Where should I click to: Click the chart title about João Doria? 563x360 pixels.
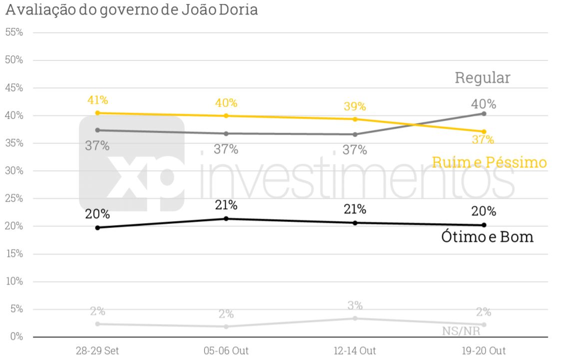tap(132, 10)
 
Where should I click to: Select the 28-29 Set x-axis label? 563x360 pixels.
tap(97, 350)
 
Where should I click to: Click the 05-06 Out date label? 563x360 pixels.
tap(226, 350)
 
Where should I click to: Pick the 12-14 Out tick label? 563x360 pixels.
tap(355, 350)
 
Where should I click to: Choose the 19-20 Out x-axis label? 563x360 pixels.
tap(484, 350)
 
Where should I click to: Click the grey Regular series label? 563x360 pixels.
tap(482, 78)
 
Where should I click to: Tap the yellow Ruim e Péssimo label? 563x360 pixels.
tap(489, 162)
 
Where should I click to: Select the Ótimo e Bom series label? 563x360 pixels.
tap(487, 237)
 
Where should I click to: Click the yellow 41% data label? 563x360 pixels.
tap(97, 100)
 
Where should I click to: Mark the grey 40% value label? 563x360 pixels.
tap(484, 104)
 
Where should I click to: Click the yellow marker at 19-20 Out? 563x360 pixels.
tap(484, 132)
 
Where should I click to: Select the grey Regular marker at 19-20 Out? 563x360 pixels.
tap(484, 114)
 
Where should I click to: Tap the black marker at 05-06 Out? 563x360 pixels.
tap(226, 219)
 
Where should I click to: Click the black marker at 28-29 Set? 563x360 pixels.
tap(97, 228)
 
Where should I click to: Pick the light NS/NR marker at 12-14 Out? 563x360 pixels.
tap(355, 319)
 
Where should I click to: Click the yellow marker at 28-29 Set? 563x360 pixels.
tap(97, 113)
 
